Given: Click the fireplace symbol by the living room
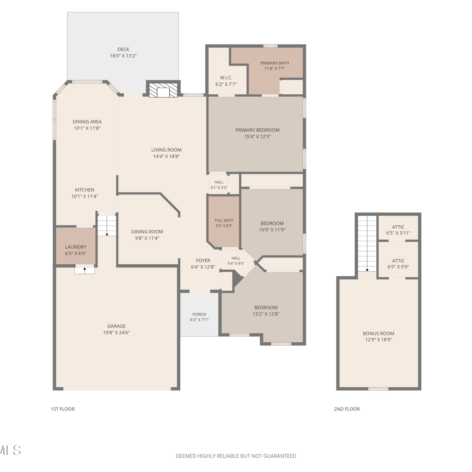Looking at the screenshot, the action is click(163, 90).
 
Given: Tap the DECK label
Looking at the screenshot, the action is click(123, 49).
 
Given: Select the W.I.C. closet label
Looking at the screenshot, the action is click(226, 78).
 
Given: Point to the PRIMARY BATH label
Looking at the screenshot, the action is click(275, 63).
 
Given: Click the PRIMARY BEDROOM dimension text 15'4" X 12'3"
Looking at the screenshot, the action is click(257, 137).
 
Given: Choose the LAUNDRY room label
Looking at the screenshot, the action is click(76, 247).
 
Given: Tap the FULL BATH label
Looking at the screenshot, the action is click(224, 221).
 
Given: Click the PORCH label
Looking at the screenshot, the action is click(199, 314).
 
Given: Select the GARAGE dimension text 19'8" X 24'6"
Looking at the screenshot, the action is click(116, 333).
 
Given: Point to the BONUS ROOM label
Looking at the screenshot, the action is click(379, 334).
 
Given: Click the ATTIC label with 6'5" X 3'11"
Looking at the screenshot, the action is click(398, 227).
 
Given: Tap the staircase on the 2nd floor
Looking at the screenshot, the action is click(367, 244).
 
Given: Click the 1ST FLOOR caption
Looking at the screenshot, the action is click(63, 409).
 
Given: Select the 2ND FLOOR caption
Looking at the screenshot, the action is click(347, 409).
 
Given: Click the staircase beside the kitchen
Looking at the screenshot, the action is click(107, 225).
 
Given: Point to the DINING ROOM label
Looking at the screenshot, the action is click(147, 232).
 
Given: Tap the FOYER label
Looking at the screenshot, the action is click(203, 261).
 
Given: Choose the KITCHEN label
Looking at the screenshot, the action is click(85, 190).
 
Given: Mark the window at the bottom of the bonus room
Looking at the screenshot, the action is click(378, 389).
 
